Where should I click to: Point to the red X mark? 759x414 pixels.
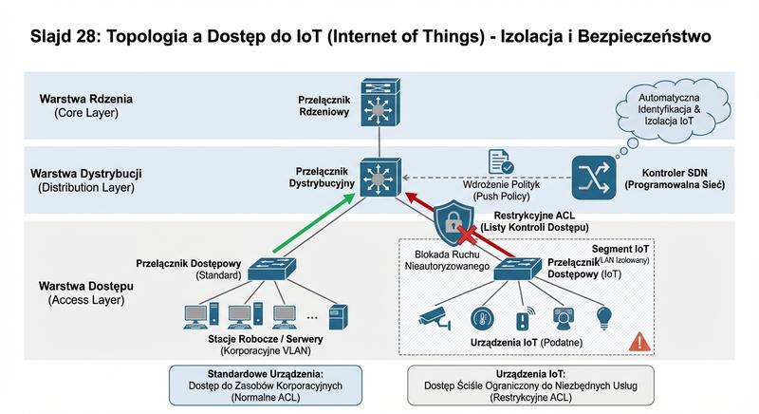tap(466, 234)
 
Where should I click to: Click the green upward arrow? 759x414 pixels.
tap(313, 228)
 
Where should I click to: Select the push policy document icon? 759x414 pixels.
tap(500, 161)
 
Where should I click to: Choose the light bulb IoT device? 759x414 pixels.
tap(601, 316)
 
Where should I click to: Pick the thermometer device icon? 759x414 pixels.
tap(483, 316)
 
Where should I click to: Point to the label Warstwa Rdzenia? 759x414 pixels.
tap(80, 99)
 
